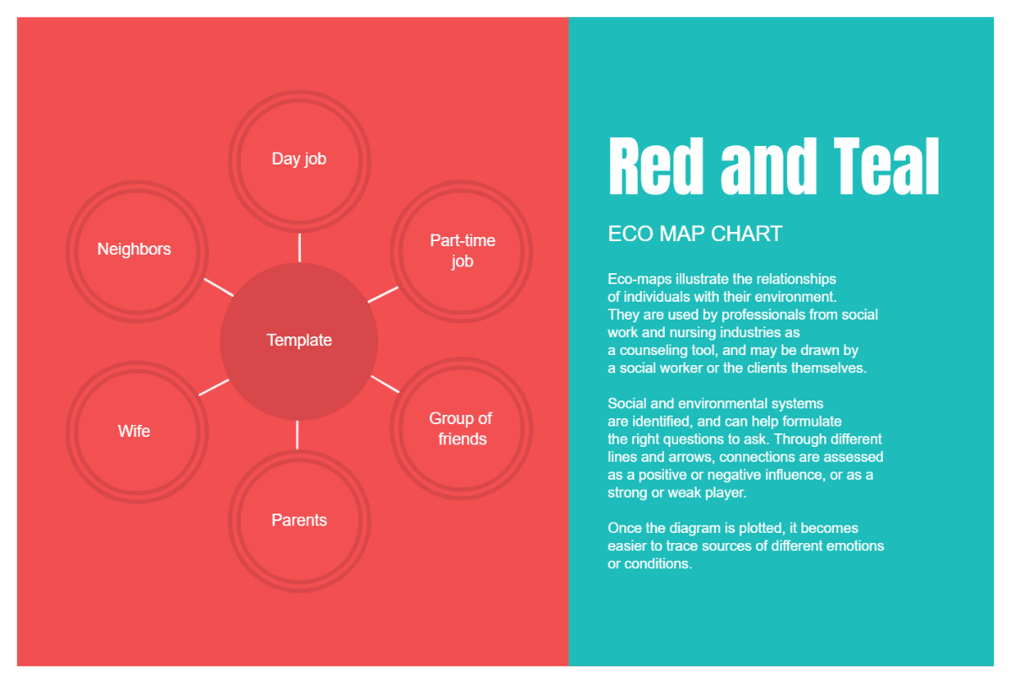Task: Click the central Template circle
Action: [x=299, y=341]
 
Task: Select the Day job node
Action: [x=299, y=159]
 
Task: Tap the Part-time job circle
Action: [x=462, y=251]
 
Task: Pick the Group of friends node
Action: [x=462, y=428]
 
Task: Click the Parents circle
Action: [x=299, y=520]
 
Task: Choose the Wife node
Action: [x=135, y=431]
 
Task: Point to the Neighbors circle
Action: [x=135, y=250]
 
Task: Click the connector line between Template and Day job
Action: [x=299, y=247]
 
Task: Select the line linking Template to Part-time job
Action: [x=383, y=294]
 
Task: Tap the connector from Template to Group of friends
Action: [x=384, y=384]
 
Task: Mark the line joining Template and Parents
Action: [x=297, y=434]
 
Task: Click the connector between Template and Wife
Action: [x=213, y=387]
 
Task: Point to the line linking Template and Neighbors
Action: [x=218, y=287]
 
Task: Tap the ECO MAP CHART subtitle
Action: [x=695, y=234]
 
